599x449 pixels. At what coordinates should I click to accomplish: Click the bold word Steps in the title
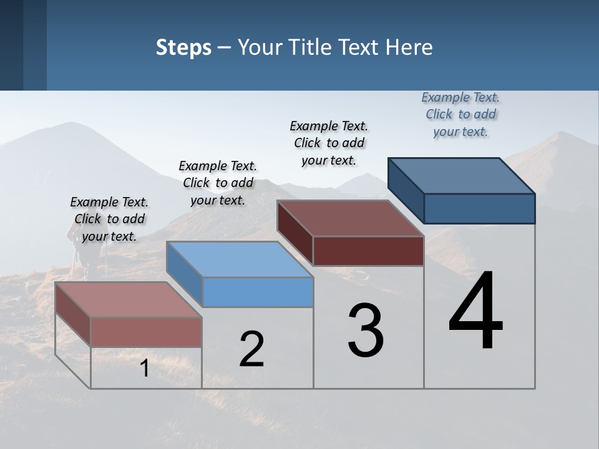[183, 47]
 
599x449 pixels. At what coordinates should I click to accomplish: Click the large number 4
[475, 312]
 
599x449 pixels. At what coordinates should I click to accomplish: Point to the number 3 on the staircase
[366, 331]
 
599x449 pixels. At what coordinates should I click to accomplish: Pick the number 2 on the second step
[251, 349]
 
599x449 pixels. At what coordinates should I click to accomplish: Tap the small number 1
[144, 369]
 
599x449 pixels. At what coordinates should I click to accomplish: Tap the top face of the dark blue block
[462, 175]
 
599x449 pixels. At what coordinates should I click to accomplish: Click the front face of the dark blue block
[479, 208]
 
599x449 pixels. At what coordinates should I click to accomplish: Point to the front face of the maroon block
[368, 251]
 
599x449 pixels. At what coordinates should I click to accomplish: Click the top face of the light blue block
[240, 259]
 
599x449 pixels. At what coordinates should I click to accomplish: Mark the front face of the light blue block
[258, 292]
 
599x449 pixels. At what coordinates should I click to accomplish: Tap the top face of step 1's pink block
[129, 300]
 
